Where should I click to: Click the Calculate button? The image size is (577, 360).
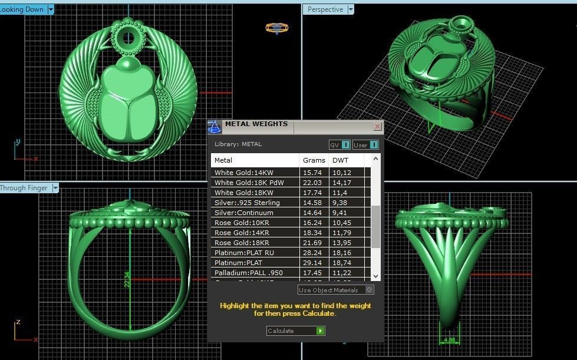click(x=295, y=331)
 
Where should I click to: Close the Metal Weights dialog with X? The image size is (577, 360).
click(x=377, y=126)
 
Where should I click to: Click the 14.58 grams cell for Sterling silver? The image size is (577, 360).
click(x=312, y=203)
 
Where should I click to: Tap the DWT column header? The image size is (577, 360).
click(x=340, y=160)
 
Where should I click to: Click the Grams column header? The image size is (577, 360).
click(x=314, y=160)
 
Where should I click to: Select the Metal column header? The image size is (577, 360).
click(x=224, y=160)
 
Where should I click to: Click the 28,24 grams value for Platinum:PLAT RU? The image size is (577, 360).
click(x=312, y=253)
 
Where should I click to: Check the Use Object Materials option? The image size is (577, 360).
click(x=369, y=290)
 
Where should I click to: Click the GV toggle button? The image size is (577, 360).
click(x=339, y=145)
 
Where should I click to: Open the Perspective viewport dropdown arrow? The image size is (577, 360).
click(x=351, y=9)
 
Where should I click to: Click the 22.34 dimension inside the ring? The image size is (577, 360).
click(x=127, y=275)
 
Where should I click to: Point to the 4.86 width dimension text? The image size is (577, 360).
click(x=449, y=340)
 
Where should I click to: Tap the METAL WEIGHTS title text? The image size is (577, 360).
click(x=256, y=124)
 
